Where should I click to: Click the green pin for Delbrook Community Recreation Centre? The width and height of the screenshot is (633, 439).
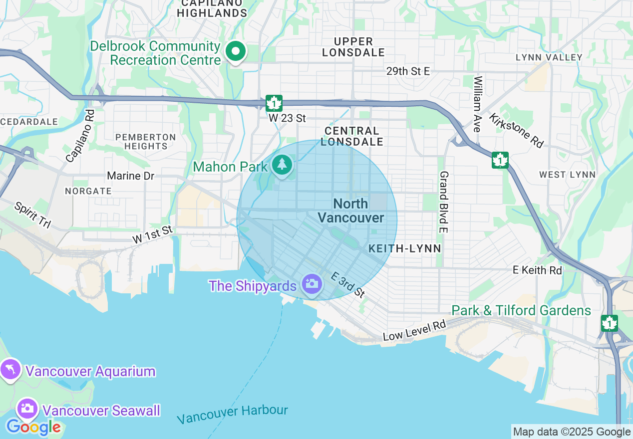tap(235, 51)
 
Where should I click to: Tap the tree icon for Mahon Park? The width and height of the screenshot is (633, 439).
tap(282, 165)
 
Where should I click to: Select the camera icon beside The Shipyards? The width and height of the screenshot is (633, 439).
tap(312, 284)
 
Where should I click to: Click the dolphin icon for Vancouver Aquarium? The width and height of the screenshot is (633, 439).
tap(10, 370)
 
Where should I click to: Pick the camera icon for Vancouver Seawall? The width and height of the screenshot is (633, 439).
tap(27, 409)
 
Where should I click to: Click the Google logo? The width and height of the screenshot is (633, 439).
tap(33, 427)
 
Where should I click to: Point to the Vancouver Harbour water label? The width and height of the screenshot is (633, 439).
tap(233, 414)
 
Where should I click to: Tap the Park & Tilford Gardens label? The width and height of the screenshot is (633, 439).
tap(521, 310)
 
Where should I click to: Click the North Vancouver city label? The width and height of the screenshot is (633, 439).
tap(351, 211)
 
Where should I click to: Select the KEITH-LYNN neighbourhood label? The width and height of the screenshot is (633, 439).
tap(405, 248)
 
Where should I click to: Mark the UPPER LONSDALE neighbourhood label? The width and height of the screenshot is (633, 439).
tap(353, 47)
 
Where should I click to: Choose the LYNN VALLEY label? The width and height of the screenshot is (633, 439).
tap(549, 57)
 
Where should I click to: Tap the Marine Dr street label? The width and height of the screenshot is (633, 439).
tap(131, 176)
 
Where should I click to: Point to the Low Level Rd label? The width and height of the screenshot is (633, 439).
tap(414, 331)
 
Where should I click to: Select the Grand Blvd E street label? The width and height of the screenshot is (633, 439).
tap(443, 202)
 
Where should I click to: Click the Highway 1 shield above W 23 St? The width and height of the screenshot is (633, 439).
tap(274, 103)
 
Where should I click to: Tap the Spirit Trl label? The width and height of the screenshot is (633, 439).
tap(32, 215)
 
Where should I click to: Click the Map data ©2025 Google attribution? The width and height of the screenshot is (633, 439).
tap(572, 432)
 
